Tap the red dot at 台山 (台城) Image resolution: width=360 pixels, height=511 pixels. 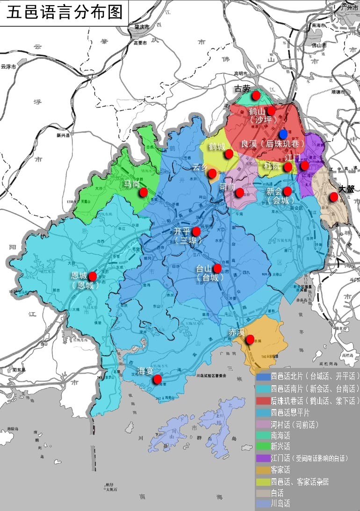[x=217, y=268]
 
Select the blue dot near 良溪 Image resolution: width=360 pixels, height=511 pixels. [x=283, y=133]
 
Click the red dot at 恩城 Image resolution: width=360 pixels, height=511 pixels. [x=93, y=276]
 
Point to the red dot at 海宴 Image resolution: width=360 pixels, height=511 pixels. [x=158, y=379]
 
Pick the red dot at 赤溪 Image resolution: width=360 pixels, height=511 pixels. [x=250, y=339]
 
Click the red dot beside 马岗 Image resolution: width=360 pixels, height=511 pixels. [x=144, y=192]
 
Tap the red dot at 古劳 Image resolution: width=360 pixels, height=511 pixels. [x=256, y=95]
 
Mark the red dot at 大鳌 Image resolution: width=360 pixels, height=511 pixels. [x=333, y=197]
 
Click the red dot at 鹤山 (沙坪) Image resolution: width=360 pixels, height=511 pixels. [x=271, y=110]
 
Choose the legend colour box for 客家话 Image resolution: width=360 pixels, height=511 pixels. [x=263, y=469]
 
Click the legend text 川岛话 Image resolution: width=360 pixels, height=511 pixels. [x=281, y=504]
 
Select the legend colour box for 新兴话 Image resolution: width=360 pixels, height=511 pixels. [x=263, y=446]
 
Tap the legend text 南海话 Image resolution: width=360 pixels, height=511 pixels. [x=281, y=435]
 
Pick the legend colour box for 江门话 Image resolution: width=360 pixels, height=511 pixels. [x=263, y=458]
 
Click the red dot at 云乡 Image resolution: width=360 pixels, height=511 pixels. [x=212, y=173]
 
